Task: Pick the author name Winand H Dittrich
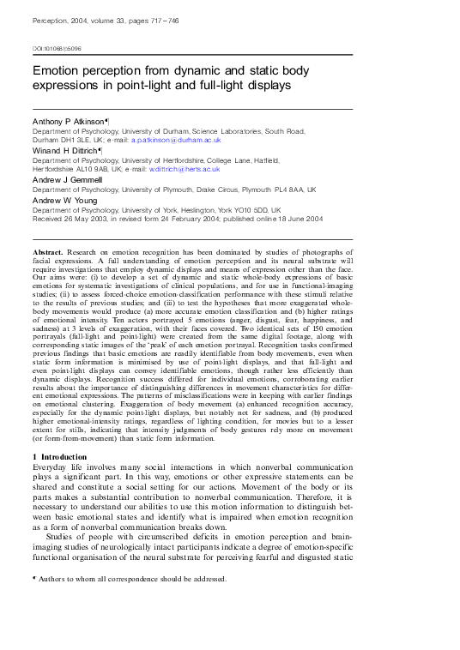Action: point(65,151)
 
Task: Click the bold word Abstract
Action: point(51,246)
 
